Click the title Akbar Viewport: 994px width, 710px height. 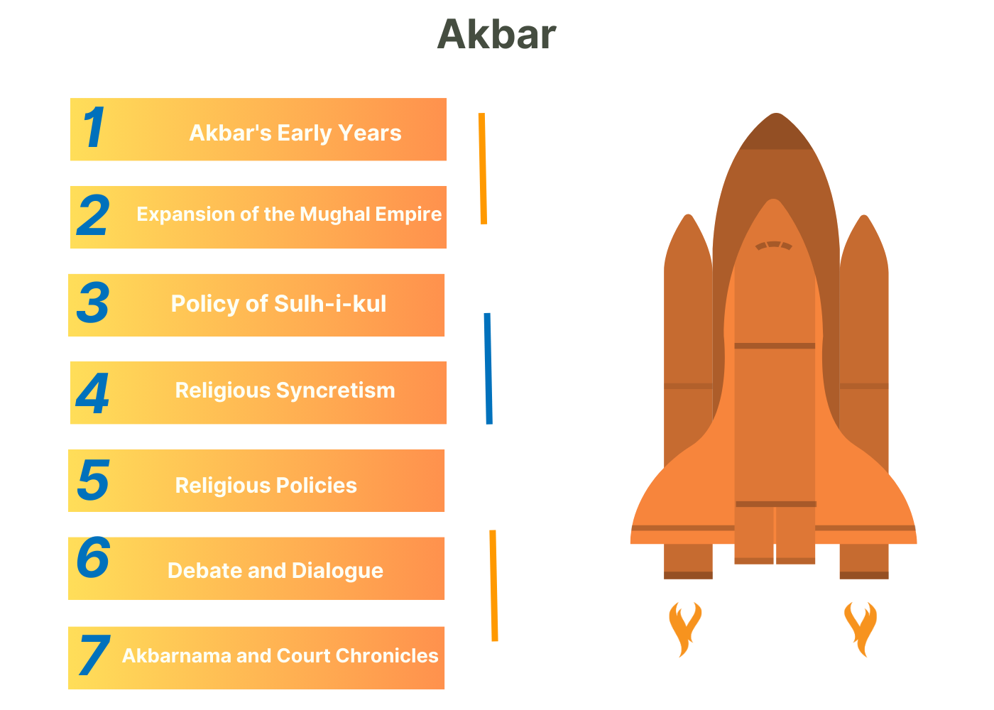point(496,34)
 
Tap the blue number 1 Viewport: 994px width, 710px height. point(94,127)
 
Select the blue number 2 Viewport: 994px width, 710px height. point(93,214)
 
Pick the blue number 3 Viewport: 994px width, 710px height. point(93,302)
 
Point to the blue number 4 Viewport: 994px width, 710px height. point(92,393)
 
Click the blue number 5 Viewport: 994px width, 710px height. point(93,480)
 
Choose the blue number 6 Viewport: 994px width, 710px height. point(93,557)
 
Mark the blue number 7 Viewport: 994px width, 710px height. point(94,655)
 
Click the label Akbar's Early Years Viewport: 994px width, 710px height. point(295,133)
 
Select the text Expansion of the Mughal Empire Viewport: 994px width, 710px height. point(289,214)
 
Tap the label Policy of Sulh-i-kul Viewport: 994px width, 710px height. point(278,304)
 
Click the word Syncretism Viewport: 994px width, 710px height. point(335,391)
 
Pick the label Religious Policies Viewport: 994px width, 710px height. point(266,486)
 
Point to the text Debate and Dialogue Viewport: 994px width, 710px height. point(275,571)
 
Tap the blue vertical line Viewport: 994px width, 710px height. point(488,368)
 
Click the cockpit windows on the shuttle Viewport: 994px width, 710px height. point(773,246)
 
